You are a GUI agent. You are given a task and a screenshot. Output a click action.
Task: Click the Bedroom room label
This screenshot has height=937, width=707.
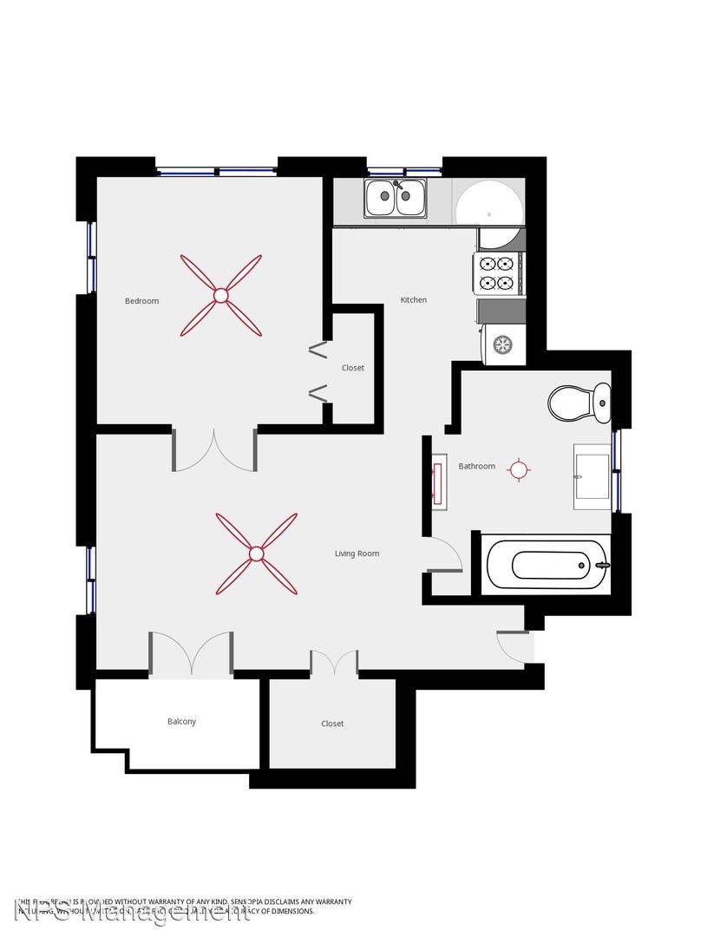tap(141, 301)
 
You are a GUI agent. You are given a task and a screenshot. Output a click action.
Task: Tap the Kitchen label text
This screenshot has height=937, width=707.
tap(413, 300)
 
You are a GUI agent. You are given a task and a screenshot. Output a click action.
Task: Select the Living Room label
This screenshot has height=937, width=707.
tap(357, 554)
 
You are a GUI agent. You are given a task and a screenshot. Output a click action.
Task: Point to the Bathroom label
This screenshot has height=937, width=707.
tap(476, 467)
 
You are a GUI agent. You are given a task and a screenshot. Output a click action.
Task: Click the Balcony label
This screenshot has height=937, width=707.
tap(181, 722)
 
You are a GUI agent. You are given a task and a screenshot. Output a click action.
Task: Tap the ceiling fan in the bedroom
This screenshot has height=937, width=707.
tap(220, 296)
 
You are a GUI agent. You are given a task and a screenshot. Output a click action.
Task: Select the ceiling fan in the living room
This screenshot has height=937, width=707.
tap(256, 554)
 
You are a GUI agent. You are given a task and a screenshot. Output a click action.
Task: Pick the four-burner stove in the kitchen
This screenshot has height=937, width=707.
tap(497, 272)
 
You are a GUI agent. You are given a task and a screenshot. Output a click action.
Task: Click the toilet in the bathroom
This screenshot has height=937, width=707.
tap(579, 403)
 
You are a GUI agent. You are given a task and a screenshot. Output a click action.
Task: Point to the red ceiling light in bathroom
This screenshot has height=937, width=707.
tap(519, 470)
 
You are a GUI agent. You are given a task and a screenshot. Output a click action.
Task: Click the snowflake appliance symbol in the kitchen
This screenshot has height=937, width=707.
tap(502, 344)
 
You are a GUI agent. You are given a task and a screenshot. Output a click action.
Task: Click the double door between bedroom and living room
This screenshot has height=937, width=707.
tap(214, 450)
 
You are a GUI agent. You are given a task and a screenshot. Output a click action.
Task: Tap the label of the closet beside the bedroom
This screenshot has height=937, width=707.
tap(352, 368)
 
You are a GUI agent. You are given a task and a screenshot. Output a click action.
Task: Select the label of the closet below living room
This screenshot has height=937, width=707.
tap(332, 724)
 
